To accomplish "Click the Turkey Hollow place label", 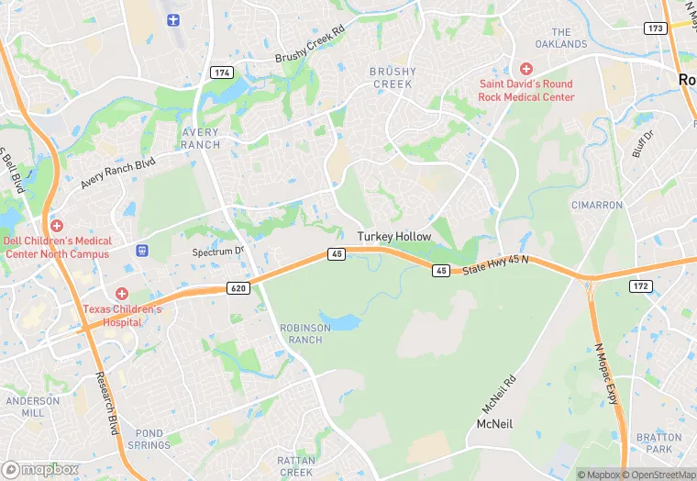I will point(393,237).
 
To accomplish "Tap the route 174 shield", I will point(220,72).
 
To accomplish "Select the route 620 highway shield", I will point(238,288).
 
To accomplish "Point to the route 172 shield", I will point(640,286).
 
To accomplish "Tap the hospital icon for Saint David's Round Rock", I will point(526,69).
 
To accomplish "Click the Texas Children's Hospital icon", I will point(122,294).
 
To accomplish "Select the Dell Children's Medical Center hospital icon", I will point(57,226).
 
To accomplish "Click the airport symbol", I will point(174,19).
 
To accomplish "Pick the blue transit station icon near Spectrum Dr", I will point(142,250).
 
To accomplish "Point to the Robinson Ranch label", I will point(301,333).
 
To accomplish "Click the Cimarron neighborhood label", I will point(596,205).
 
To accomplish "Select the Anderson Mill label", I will point(32,407).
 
